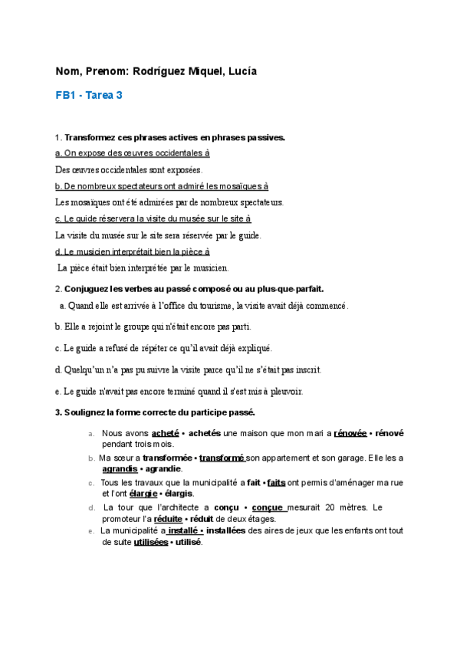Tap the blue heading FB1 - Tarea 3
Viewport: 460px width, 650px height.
[89, 96]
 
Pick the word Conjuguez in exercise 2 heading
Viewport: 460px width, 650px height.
[88, 289]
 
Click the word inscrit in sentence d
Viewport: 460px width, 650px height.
[306, 369]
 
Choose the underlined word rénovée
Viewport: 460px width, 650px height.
[350, 433]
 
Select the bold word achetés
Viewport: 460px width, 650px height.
[205, 433]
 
